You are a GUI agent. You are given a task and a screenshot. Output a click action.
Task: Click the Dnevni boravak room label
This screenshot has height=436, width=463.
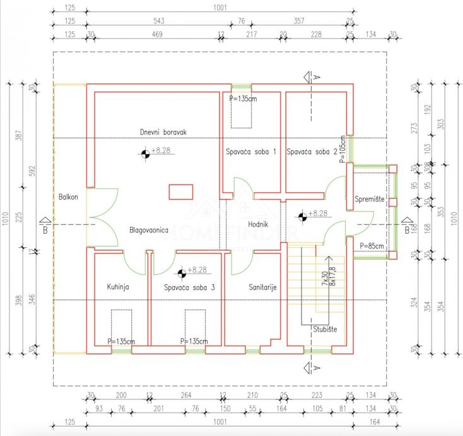click(163, 131)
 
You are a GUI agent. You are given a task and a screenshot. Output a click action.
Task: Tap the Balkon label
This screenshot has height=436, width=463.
click(67, 197)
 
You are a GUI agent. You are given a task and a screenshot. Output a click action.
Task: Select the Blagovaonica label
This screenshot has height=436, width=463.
click(148, 231)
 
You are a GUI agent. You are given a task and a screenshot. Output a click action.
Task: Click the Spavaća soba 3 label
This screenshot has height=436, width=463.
click(189, 288)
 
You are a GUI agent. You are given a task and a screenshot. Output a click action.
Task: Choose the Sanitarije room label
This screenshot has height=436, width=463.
click(252, 287)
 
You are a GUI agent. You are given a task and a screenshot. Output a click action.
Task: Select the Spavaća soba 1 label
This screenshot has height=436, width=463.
click(252, 152)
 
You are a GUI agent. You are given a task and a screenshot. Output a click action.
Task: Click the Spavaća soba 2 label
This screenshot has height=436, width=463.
click(312, 152)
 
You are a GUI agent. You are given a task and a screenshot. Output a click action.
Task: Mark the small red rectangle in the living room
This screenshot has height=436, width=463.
click(181, 191)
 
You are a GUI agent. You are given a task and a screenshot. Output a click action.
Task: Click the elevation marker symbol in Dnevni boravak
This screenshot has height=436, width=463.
click(145, 152)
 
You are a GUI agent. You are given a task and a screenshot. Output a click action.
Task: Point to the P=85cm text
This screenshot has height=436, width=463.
click(372, 246)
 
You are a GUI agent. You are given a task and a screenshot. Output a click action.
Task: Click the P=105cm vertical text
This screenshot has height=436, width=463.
click(343, 149)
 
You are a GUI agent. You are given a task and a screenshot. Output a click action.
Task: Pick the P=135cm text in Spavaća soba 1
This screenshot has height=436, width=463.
click(243, 99)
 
